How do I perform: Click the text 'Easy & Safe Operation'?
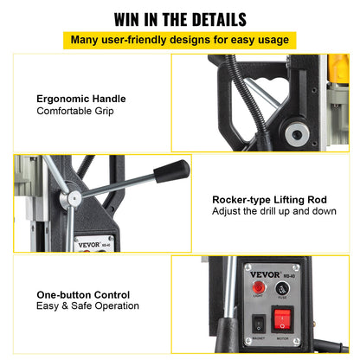click(x=87, y=306)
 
